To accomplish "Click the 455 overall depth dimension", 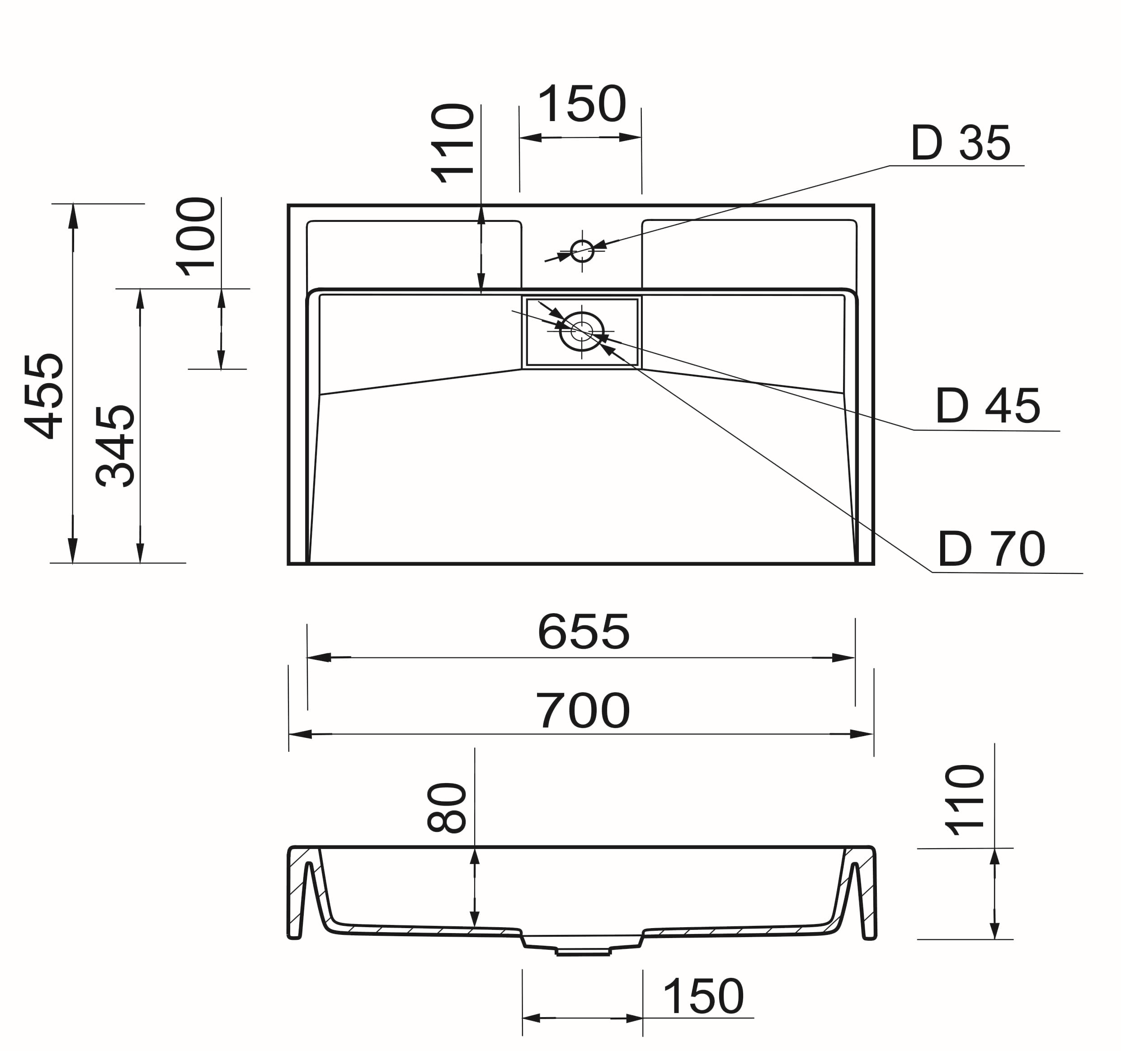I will point(44,396).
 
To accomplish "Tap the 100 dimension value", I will point(196,237).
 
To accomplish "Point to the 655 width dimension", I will point(583,632).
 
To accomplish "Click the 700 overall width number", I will point(583,711).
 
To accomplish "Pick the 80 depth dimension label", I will point(447,807).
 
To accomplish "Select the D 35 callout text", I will point(960,143).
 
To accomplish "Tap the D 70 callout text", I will point(991,549).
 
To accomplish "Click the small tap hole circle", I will point(582,251).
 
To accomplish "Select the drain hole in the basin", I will point(581,331).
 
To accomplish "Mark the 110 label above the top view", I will point(452,143).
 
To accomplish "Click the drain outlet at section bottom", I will point(583,952).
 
